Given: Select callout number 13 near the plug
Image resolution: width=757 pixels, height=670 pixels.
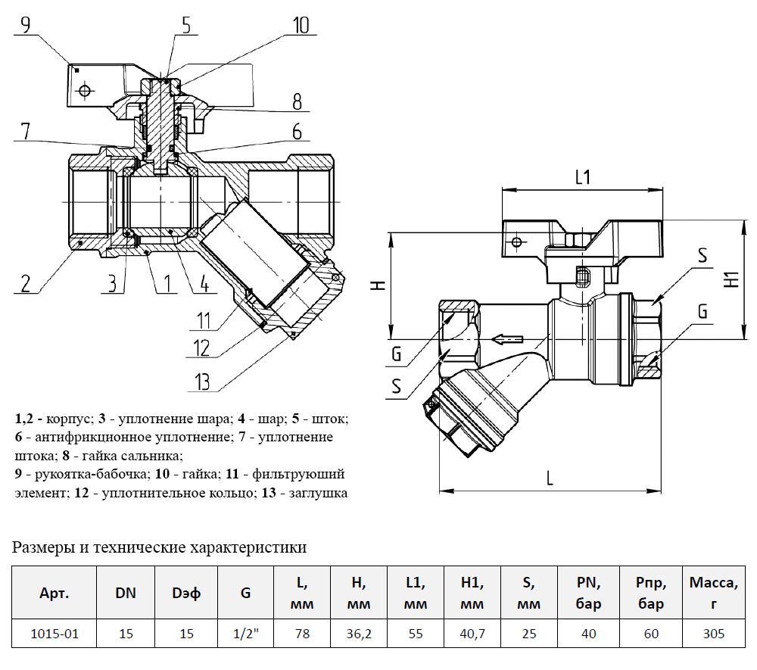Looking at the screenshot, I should click(200, 381).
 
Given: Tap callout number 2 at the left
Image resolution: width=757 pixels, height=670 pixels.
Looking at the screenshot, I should click(26, 284).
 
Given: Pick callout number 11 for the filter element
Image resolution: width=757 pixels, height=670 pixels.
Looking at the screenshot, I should click(200, 320).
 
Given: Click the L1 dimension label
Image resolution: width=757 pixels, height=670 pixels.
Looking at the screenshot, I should click(582, 178).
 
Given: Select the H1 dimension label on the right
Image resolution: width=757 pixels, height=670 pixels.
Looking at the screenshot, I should click(731, 279).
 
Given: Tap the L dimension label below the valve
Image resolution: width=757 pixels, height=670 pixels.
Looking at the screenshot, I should click(550, 478).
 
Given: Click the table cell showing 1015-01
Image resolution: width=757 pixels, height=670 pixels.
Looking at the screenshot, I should click(54, 634).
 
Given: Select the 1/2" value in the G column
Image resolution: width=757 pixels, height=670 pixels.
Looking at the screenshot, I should click(245, 634).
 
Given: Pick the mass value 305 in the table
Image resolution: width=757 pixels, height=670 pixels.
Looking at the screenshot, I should click(712, 634).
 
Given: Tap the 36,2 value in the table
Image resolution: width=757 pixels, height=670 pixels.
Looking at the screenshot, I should click(359, 634).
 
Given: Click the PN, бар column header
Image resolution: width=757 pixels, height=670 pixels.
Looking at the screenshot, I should click(588, 594).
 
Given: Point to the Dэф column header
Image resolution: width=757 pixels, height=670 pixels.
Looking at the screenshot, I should click(186, 594).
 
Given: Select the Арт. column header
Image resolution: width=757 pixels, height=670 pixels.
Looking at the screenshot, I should click(54, 594).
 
